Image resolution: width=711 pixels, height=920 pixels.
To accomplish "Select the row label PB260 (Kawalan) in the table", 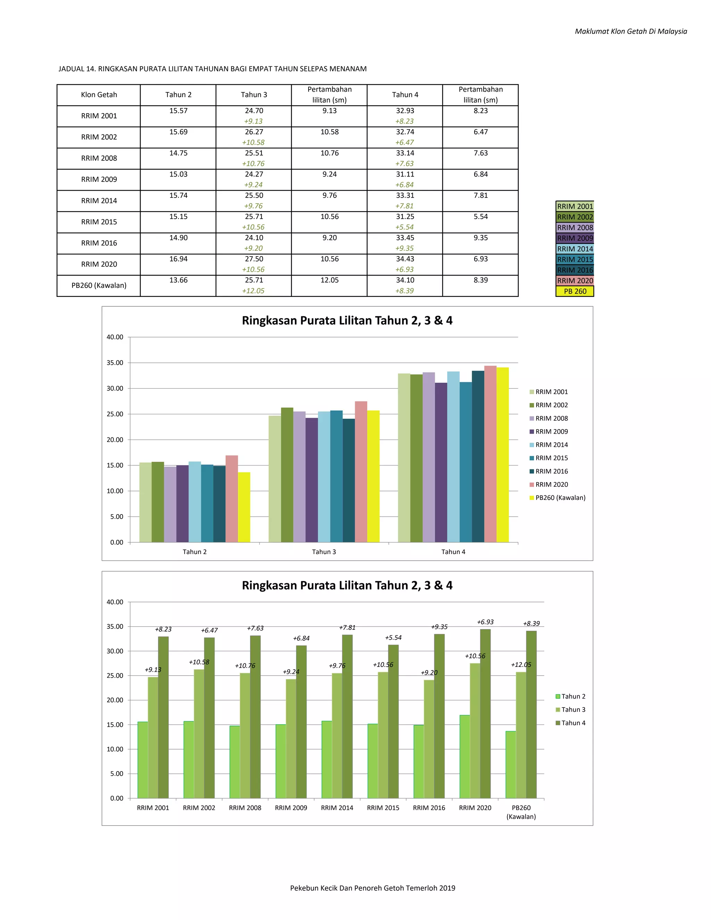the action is [99, 285].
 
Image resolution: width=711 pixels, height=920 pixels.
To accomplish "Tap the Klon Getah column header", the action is [99, 95].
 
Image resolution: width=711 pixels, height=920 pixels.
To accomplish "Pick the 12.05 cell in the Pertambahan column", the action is [329, 280].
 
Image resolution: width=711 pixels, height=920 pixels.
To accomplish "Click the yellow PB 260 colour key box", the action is [575, 291].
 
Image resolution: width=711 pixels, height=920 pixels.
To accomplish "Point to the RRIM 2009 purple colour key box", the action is [575, 238].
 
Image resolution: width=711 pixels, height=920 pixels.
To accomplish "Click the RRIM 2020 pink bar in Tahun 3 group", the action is [361, 472].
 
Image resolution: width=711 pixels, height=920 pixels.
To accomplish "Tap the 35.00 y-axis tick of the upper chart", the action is [115, 363].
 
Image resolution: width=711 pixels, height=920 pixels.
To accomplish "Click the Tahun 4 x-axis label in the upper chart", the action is [453, 552].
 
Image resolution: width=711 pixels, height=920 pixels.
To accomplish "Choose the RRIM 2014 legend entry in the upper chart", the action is [549, 445].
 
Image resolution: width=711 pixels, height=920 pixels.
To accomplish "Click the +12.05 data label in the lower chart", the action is [521, 665].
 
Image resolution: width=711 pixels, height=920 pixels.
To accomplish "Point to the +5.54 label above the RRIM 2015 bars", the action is [393, 638].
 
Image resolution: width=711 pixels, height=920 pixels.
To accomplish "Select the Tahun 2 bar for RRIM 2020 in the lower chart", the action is [465, 756].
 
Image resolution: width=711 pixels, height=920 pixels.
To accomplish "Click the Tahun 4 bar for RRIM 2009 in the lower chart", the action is [301, 722].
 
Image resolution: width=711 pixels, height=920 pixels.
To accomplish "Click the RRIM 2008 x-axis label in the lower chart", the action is [245, 808].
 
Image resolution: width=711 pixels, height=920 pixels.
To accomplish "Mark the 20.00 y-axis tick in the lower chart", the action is [115, 700].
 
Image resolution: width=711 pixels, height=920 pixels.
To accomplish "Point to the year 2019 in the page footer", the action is [447, 888].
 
